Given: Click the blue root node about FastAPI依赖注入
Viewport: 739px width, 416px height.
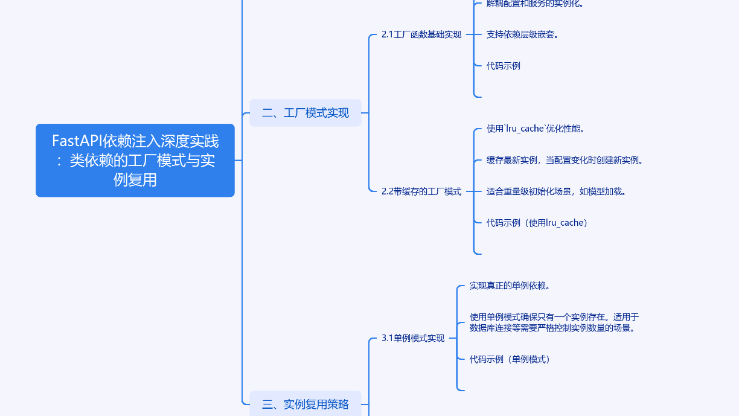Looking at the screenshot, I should (x=135, y=161).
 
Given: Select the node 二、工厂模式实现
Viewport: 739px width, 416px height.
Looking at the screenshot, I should (x=305, y=113).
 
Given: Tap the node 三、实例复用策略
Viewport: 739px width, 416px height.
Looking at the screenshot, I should (x=305, y=405).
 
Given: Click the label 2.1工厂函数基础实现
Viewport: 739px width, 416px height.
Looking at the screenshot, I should (x=421, y=34).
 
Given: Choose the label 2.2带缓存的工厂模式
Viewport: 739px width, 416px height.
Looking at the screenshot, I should (x=421, y=191).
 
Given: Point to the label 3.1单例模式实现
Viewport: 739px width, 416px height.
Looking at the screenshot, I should (x=413, y=338).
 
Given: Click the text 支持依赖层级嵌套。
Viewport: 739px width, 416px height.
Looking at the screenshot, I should (x=522, y=34).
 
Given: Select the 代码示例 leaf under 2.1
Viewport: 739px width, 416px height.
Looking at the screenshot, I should (x=504, y=66).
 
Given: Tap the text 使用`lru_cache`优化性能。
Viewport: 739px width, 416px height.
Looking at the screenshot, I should (x=535, y=129).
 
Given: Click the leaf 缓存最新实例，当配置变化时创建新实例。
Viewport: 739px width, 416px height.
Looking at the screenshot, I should (x=565, y=160).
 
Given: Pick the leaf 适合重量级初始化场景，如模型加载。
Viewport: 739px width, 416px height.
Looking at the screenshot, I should (x=556, y=191).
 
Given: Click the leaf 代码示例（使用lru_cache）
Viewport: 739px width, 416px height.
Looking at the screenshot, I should (x=537, y=223).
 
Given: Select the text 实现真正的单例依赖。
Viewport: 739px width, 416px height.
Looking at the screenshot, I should (x=510, y=286).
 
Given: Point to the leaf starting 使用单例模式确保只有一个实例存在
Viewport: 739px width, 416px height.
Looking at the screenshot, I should (x=554, y=322).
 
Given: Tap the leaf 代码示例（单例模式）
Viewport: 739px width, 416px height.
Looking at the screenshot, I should (x=511, y=359).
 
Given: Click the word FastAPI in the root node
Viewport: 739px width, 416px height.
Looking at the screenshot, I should (x=77, y=141).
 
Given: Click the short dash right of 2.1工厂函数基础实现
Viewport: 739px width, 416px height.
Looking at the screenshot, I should (x=470, y=34).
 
